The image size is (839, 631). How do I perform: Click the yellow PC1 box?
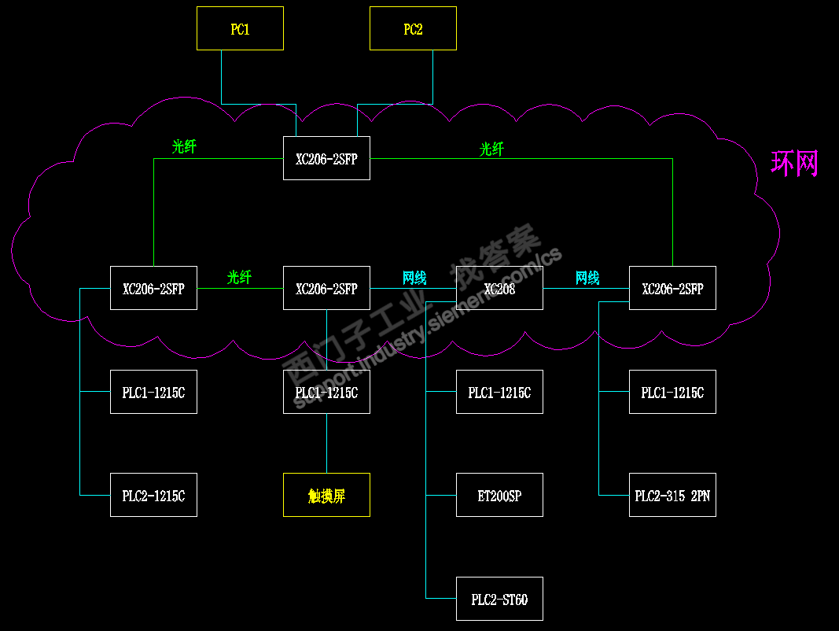[x=240, y=29]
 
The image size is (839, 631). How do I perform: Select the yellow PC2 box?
[x=413, y=29]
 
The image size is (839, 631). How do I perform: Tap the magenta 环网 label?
[x=795, y=164]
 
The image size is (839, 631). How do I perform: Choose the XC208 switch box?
[x=499, y=289]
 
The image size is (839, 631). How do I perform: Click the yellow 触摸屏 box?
[x=326, y=495]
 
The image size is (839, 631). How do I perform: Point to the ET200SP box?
[x=499, y=495]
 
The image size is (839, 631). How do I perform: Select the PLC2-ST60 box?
[x=499, y=599]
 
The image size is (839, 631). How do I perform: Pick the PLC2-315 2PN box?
[x=672, y=495]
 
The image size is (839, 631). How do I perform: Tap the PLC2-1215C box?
[x=153, y=495]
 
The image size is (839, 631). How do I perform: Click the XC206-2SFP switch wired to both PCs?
[x=326, y=158]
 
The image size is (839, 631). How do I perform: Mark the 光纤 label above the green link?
[x=240, y=277]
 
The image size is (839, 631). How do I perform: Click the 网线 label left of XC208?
[x=414, y=277]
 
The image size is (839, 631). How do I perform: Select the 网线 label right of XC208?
[x=587, y=277]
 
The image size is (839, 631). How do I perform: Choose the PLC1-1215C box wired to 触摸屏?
[x=326, y=392]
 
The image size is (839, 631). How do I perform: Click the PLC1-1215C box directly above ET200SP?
[x=499, y=392]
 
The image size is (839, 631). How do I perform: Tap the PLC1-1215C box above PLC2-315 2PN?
[x=672, y=392]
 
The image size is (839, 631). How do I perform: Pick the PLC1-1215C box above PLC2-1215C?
[x=153, y=392]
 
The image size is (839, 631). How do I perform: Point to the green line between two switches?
[x=240, y=289]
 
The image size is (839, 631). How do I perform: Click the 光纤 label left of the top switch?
[x=184, y=146]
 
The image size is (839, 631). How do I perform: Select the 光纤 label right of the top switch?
[x=491, y=149]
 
